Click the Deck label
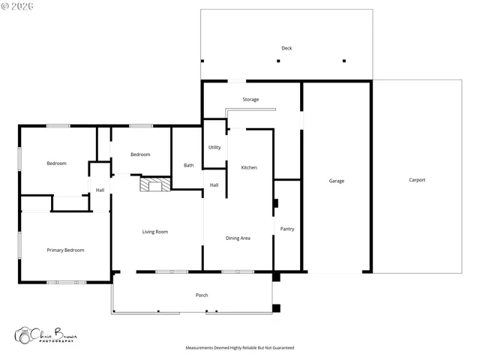286,48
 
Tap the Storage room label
250,100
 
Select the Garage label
337,181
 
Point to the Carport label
417,180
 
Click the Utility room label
214,147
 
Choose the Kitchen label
249,167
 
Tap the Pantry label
286,229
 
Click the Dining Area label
238,238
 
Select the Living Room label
155,232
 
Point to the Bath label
188,165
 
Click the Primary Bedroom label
65,250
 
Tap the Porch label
202,295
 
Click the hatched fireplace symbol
156,184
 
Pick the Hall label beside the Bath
214,185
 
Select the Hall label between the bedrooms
100,190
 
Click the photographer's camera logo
25,335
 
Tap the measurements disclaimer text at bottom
239,348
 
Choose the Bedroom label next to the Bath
140,154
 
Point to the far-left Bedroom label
56,163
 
